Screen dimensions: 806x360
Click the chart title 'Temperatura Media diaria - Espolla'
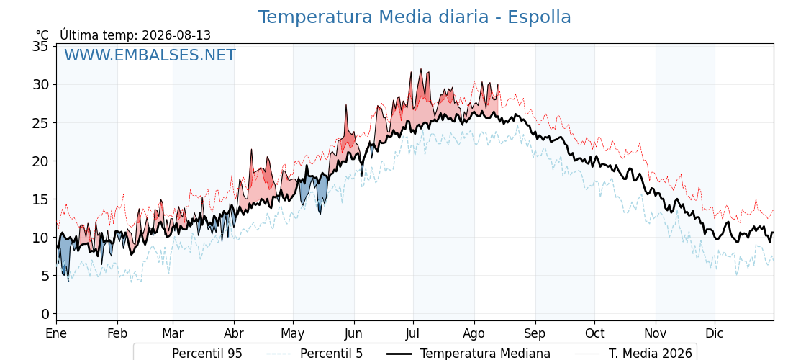[x=415, y=17]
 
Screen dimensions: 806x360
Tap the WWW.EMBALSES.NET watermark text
[x=150, y=55]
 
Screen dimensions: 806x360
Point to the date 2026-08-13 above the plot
[x=176, y=35]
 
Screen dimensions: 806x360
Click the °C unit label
[x=42, y=35]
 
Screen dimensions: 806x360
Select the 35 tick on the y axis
[x=40, y=46]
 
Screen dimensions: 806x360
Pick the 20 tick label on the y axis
[x=40, y=161]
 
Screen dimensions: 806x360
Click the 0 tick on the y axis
[x=45, y=314]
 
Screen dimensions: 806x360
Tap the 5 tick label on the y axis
[x=45, y=276]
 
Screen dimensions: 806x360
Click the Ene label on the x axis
[x=56, y=334]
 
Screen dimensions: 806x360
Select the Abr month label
[x=234, y=334]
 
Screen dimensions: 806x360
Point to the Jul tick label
[x=413, y=334]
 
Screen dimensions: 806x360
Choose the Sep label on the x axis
[x=535, y=334]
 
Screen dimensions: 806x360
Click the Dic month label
[x=715, y=334]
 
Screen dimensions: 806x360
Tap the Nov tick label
[x=656, y=334]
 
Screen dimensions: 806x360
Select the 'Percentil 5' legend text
[x=315, y=354]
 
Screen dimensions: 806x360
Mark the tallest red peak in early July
[x=420, y=69]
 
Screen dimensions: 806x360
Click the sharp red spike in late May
[x=346, y=105]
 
